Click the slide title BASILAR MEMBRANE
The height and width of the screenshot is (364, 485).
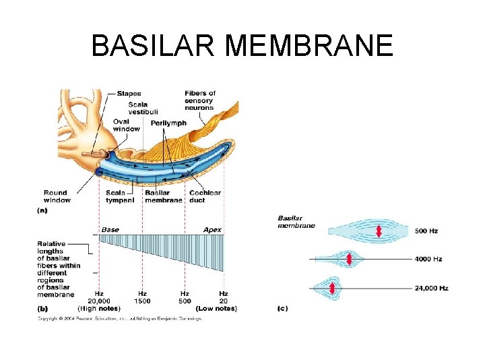pyautogui.click(x=242, y=46)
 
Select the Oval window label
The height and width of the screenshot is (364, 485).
pyautogui.click(x=126, y=125)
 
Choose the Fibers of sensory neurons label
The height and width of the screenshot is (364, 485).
pyautogui.click(x=200, y=100)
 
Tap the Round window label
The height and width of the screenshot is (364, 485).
pyautogui.click(x=57, y=196)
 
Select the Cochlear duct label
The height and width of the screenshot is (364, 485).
pyautogui.click(x=205, y=196)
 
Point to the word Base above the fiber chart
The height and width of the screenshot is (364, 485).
pyautogui.click(x=110, y=230)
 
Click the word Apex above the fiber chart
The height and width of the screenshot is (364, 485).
pyautogui.click(x=212, y=230)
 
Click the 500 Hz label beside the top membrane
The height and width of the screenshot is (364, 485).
pyautogui.click(x=426, y=231)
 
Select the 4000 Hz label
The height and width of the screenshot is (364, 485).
pyautogui.click(x=428, y=259)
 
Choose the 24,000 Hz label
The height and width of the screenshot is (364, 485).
pyautogui.click(x=431, y=289)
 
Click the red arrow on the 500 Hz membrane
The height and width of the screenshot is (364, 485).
pyautogui.click(x=379, y=231)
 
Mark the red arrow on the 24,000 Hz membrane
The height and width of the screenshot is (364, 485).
pyautogui.click(x=333, y=289)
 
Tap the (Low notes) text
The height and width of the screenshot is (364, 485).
pyautogui.click(x=216, y=308)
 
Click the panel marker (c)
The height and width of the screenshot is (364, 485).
pyautogui.click(x=283, y=308)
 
